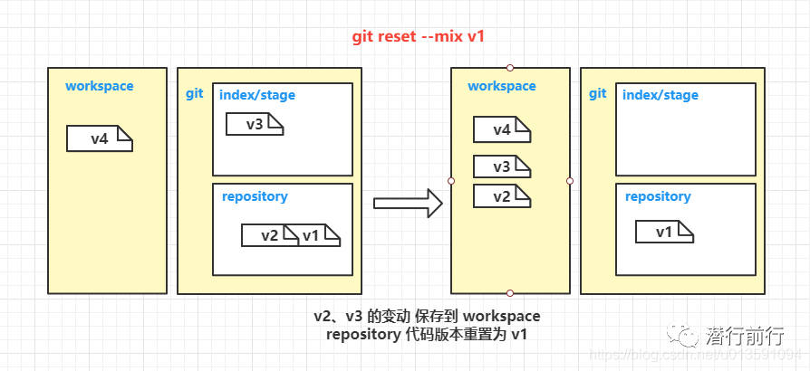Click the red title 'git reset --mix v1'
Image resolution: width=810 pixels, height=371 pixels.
[418, 37]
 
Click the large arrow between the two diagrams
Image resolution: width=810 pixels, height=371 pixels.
[408, 204]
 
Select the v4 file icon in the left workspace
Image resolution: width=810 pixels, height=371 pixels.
[100, 138]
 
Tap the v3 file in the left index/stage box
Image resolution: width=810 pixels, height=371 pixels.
[255, 124]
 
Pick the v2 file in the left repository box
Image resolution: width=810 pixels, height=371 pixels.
[270, 235]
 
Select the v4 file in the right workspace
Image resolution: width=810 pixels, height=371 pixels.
[502, 129]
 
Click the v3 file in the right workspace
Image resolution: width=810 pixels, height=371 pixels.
[502, 166]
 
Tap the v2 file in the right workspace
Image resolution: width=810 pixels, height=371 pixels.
[502, 196]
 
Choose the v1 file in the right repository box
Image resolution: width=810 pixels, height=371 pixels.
[664, 232]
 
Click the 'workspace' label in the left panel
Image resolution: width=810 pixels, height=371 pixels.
[99, 86]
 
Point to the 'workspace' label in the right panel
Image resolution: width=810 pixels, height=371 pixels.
[502, 86]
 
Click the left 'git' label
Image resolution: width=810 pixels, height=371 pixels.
[194, 95]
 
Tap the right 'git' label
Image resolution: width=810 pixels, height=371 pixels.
[597, 94]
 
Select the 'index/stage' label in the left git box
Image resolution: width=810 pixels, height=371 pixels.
[256, 95]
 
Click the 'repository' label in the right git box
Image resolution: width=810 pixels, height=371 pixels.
[658, 196]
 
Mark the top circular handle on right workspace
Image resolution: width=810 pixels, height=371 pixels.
[510, 68]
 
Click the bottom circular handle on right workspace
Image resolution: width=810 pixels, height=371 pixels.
[510, 293]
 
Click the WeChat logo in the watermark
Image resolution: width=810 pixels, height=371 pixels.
[683, 334]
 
